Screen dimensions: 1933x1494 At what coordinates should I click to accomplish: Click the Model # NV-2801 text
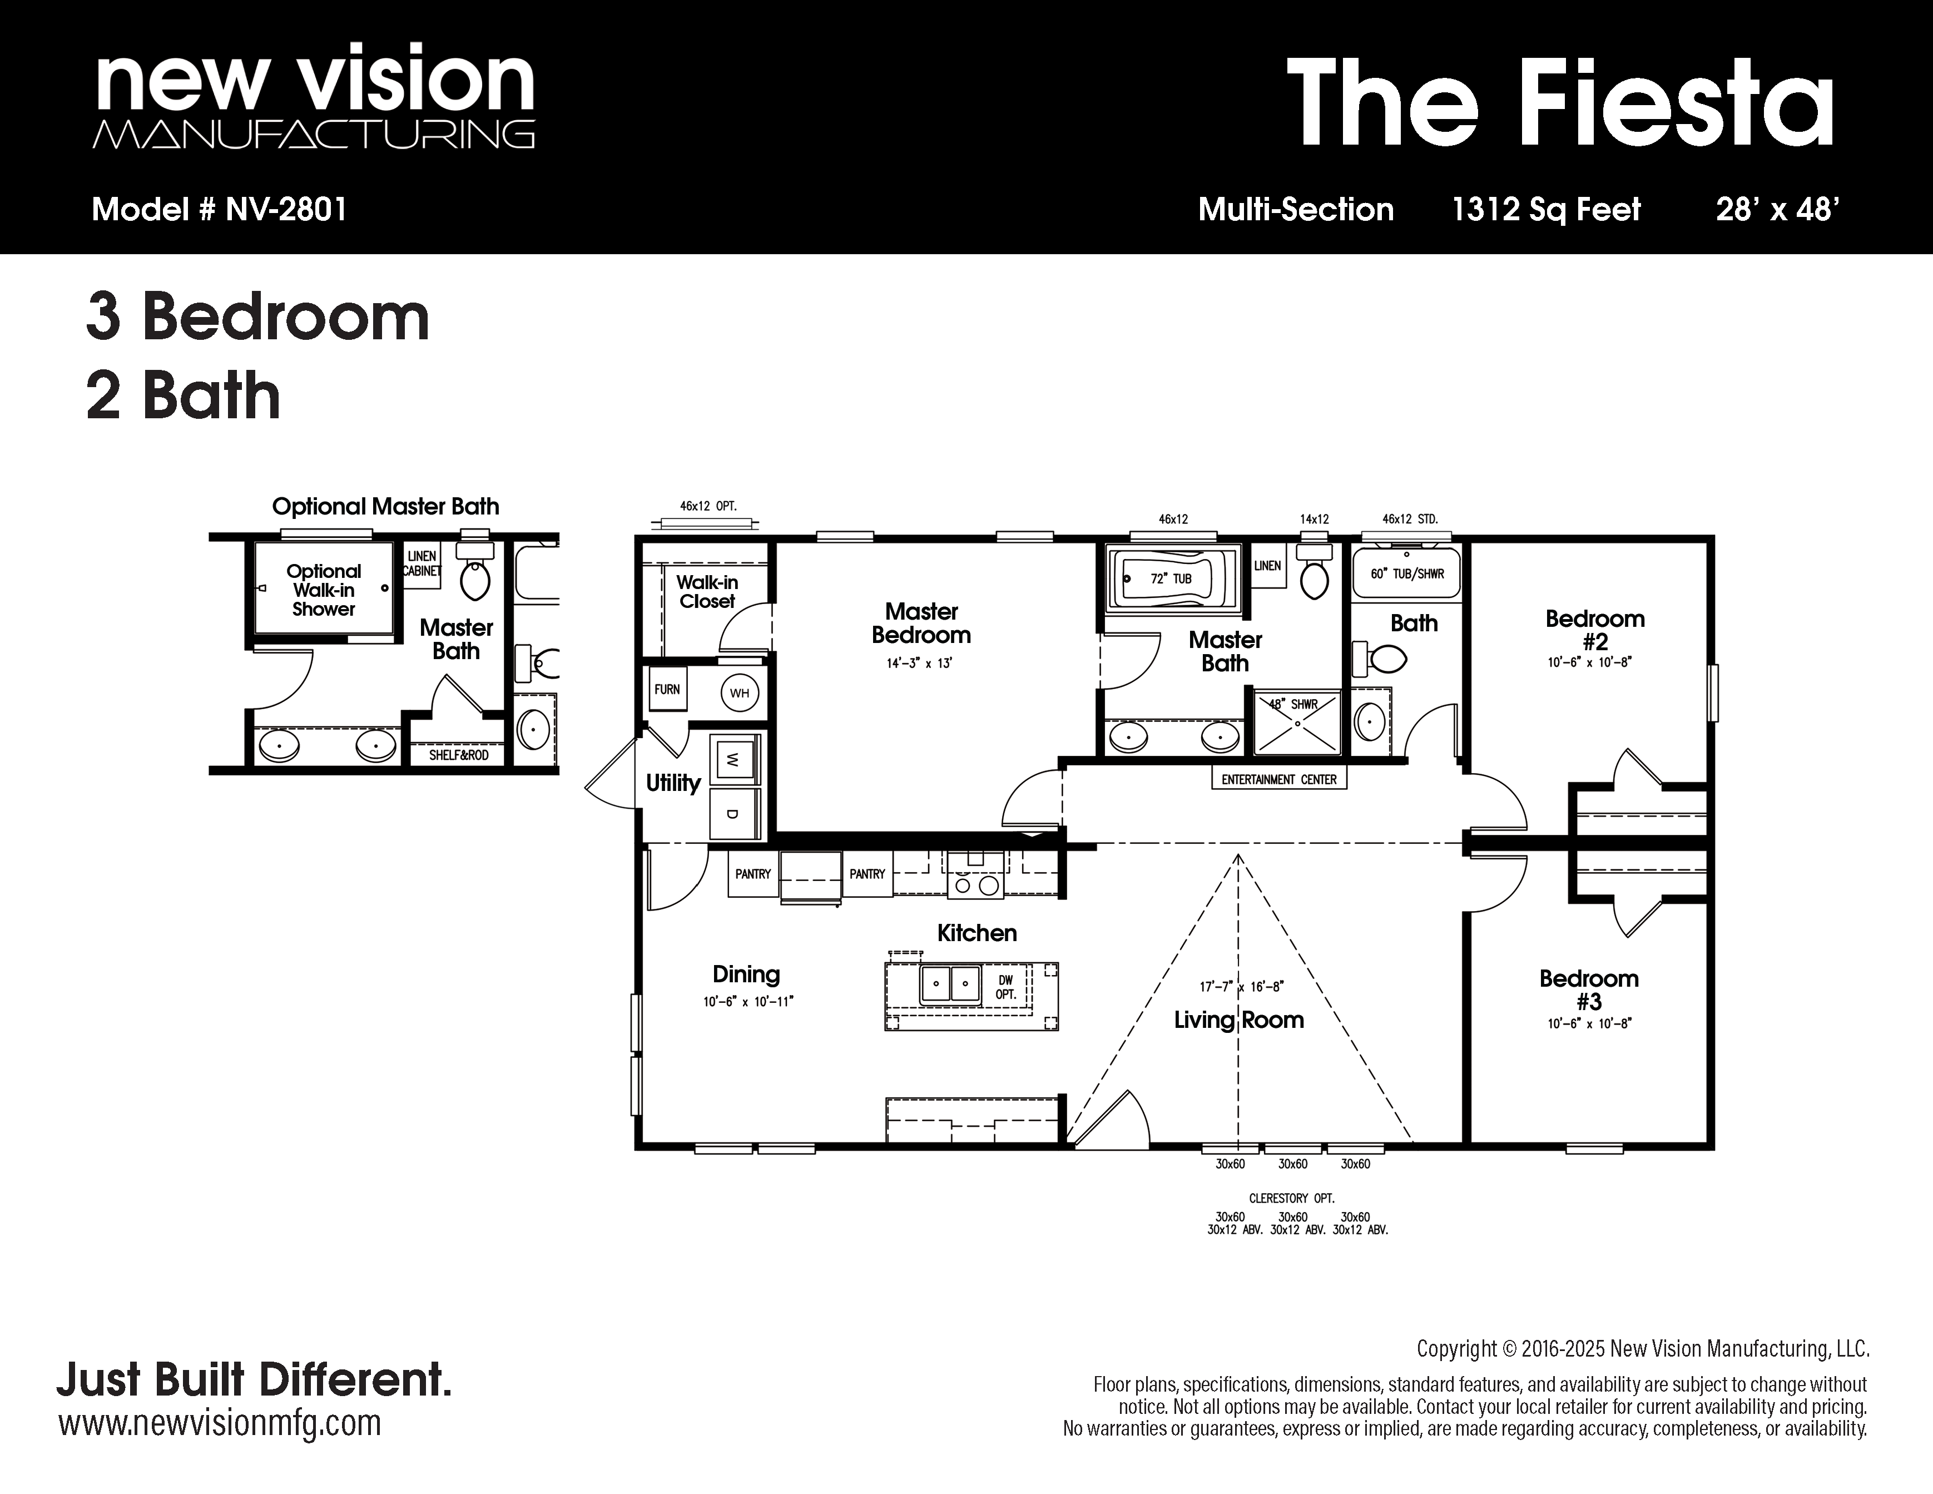(x=220, y=210)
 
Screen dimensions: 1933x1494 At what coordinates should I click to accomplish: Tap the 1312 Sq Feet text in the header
(x=1546, y=210)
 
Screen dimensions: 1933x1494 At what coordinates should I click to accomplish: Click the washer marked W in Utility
(x=733, y=759)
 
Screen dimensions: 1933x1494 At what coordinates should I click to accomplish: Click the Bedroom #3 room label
(x=1589, y=990)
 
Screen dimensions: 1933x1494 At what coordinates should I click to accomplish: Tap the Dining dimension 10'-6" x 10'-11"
(x=748, y=1002)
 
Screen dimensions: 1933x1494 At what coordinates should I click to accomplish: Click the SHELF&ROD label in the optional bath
(x=458, y=755)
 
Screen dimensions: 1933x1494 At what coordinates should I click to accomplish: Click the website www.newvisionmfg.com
(x=220, y=1423)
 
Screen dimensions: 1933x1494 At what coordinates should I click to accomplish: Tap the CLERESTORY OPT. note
(x=1291, y=1199)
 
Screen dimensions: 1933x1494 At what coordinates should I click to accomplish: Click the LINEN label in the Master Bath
(x=1267, y=566)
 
